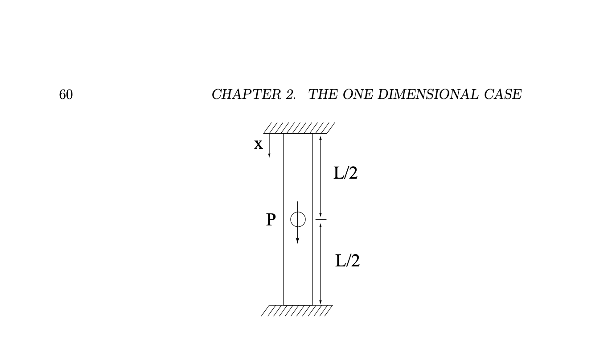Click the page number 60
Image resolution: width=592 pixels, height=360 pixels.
66,94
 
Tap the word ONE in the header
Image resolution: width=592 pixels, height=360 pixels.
354,94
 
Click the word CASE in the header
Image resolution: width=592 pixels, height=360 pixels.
503,94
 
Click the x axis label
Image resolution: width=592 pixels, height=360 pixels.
258,144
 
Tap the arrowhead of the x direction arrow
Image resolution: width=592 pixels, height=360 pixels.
269,155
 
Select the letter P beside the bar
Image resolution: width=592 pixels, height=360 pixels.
271,220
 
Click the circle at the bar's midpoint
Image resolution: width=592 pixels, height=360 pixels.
298,219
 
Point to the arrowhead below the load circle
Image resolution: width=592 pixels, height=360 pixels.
298,241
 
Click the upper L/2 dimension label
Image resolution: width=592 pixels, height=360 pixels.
345,173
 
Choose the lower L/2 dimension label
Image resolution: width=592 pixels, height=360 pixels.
347,261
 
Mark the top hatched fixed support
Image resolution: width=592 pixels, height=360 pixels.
299,128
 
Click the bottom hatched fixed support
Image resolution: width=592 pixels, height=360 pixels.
296,311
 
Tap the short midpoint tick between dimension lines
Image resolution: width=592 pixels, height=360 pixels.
321,219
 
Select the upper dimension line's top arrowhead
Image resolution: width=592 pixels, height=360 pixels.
321,136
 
